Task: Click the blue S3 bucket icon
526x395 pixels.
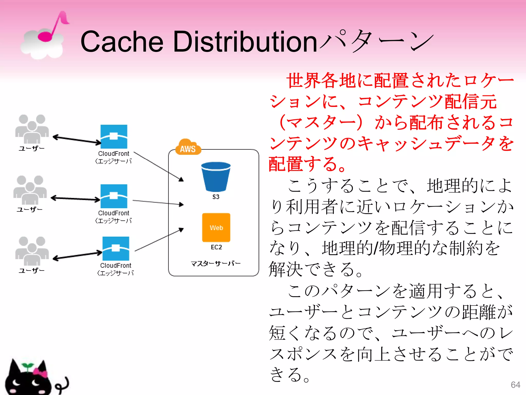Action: tap(216, 177)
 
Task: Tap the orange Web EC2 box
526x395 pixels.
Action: tap(216, 227)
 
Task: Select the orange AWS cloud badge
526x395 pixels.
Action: tap(188, 148)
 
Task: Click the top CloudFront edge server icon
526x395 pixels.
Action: tap(114, 137)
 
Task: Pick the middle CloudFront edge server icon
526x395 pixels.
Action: tap(114, 196)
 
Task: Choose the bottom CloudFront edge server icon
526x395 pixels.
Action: tap(116, 248)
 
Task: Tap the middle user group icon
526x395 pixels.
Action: tap(30, 190)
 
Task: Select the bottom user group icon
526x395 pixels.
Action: tap(32, 251)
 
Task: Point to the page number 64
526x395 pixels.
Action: tap(515, 385)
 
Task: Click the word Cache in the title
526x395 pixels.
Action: tap(122, 42)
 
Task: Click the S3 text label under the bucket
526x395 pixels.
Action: tap(216, 197)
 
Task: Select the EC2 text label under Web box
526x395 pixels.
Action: tap(216, 247)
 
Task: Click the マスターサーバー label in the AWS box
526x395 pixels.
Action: tap(215, 263)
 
